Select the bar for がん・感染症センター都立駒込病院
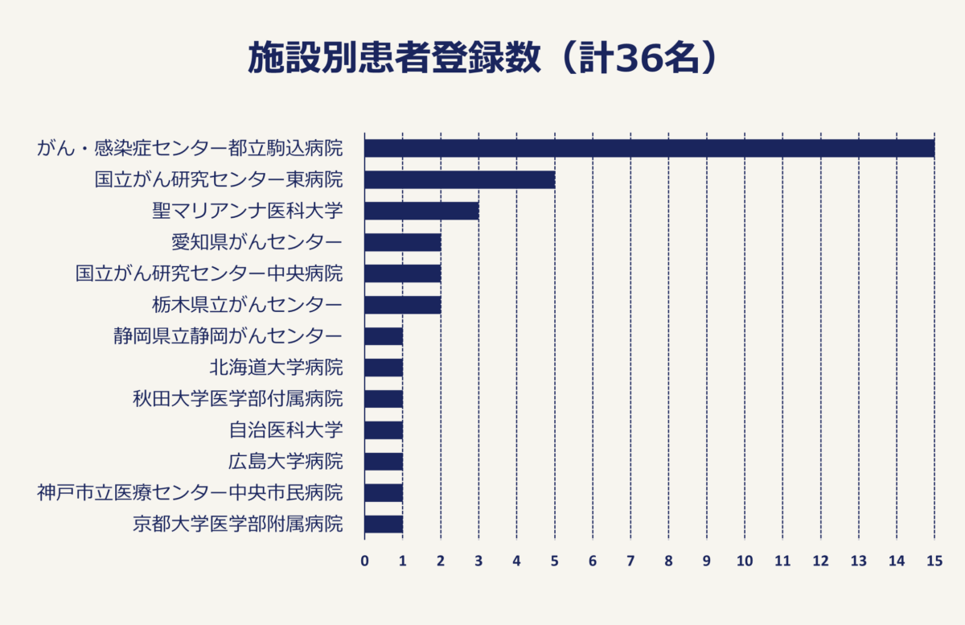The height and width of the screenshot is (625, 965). pos(649,149)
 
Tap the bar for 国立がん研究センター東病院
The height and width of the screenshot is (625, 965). pos(459,179)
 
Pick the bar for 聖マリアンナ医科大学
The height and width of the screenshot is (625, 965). pos(421,211)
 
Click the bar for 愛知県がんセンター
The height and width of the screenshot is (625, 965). pos(402,242)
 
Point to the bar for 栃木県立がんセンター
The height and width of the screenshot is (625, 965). pos(402,305)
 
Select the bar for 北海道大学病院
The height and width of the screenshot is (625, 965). pos(384,368)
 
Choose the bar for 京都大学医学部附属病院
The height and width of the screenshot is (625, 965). pos(384,524)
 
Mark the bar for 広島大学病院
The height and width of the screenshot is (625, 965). pos(384,462)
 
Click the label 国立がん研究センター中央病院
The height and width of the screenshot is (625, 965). pos(209,273)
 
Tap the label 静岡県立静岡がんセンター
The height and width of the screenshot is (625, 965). pos(228,336)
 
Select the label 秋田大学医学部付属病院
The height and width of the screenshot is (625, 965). pos(238,399)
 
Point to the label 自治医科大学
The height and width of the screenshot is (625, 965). pos(285,430)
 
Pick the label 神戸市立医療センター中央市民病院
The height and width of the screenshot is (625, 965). pos(190,493)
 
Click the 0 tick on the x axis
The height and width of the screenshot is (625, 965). pos(364,561)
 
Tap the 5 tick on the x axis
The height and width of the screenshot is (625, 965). pos(555,561)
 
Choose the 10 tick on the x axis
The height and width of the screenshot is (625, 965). pos(745,561)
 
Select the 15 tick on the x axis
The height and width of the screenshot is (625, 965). pos(934,561)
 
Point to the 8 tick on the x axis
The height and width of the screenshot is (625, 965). pos(669,561)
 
